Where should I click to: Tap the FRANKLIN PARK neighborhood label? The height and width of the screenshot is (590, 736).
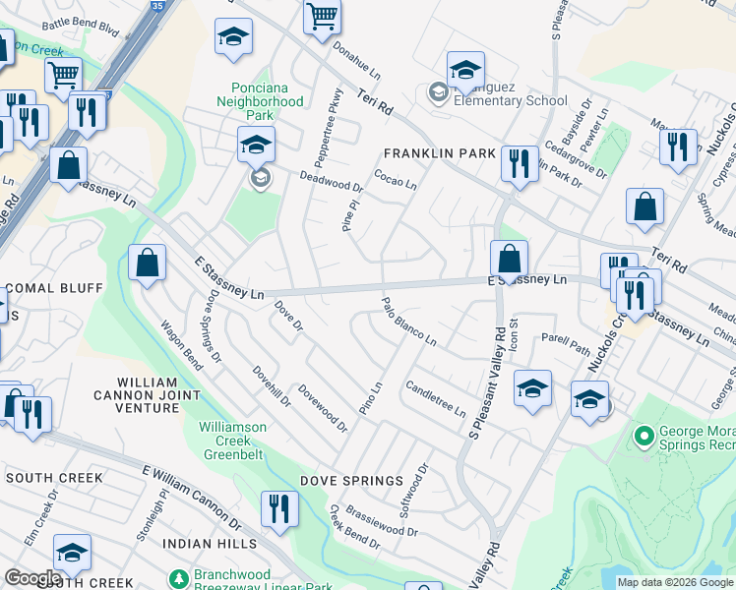point(439,153)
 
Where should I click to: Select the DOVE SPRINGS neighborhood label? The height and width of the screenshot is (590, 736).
point(352,481)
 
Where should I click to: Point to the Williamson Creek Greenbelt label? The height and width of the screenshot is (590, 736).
point(246,435)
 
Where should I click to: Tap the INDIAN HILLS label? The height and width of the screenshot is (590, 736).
point(210,544)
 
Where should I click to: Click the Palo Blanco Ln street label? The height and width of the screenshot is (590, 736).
point(408,322)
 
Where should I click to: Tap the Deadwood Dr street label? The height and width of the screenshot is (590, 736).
point(333,183)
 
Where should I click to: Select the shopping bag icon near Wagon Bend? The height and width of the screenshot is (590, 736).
point(147,264)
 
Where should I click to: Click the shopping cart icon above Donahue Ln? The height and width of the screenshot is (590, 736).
point(323,17)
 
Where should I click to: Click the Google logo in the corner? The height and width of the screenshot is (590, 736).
point(31,578)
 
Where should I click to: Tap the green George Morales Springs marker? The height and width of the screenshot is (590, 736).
point(644,435)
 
